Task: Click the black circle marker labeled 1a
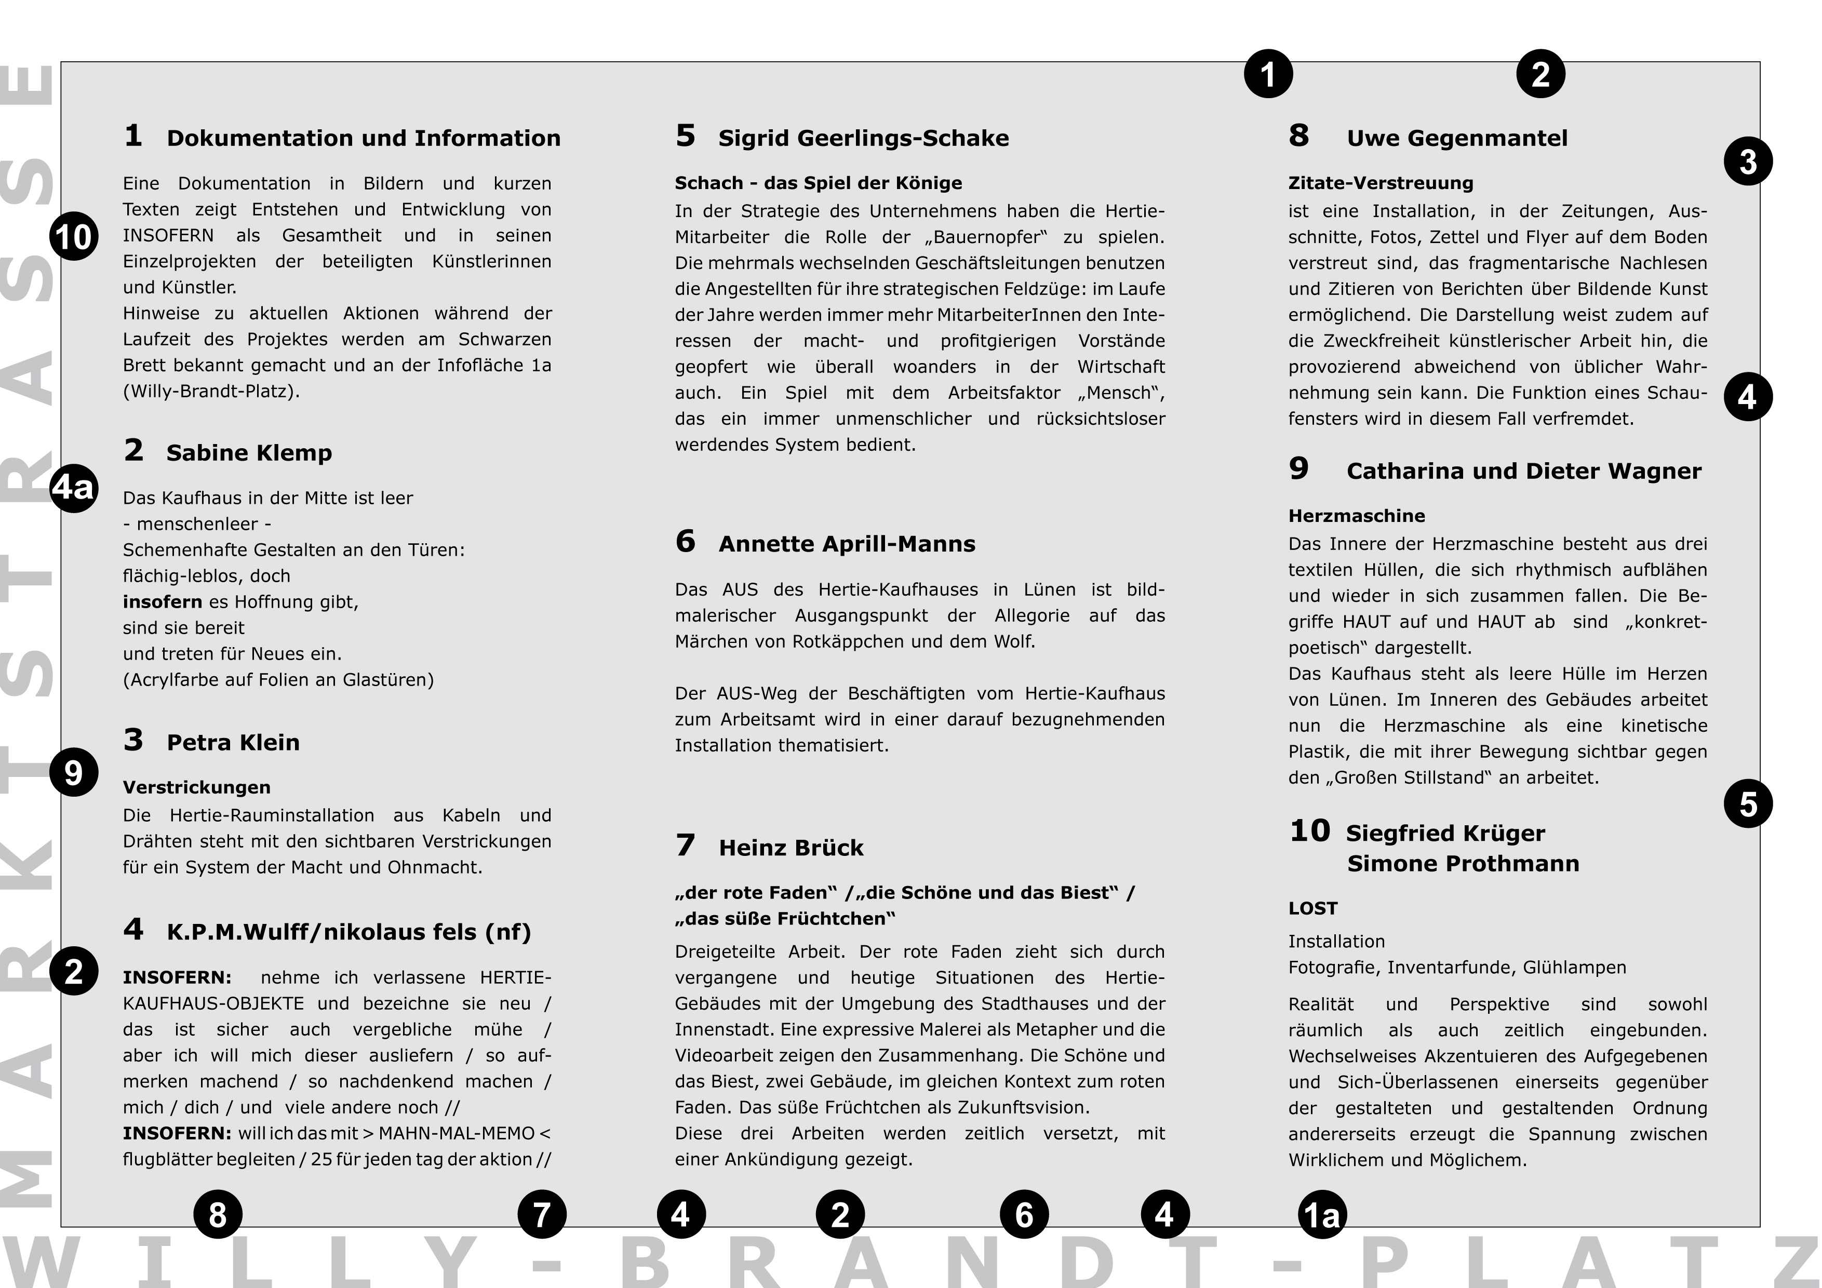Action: click(x=1322, y=1214)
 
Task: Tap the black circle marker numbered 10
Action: click(x=74, y=236)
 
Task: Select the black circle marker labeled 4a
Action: click(x=74, y=487)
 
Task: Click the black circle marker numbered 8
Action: click(x=218, y=1214)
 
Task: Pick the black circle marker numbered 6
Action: click(x=1024, y=1214)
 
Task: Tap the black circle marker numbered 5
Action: click(x=1748, y=804)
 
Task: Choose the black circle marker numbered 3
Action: click(x=1748, y=161)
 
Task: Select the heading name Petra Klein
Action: click(x=233, y=743)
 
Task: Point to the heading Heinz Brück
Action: click(x=791, y=848)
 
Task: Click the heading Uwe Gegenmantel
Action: click(x=1457, y=139)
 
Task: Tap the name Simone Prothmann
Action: click(x=1463, y=864)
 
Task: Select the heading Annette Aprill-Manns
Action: click(x=847, y=544)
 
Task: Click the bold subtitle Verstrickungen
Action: click(x=197, y=787)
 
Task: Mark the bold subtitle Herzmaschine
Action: click(x=1356, y=516)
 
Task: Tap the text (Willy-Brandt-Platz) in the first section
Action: click(x=211, y=391)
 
